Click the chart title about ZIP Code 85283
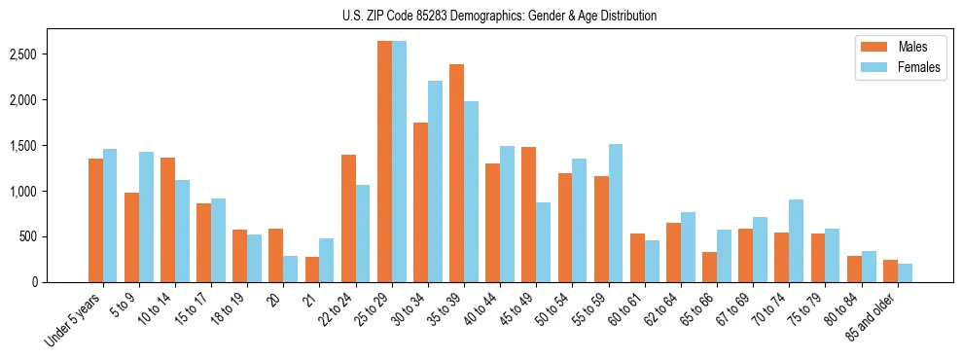499,16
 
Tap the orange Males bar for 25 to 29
384,162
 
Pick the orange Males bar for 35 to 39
456,173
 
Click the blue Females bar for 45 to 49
543,242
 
